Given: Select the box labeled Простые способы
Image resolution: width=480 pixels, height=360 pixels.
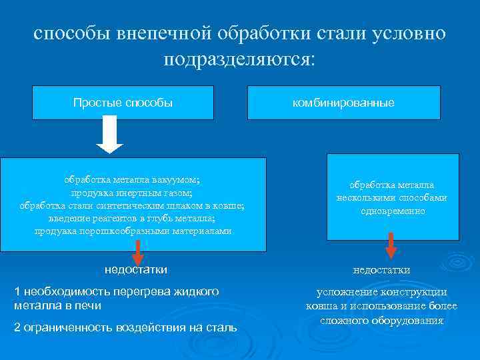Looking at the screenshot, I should [x=123, y=103].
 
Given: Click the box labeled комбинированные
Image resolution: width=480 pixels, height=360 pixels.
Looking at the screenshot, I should [x=343, y=103].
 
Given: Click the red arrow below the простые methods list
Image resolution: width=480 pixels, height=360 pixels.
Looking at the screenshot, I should [x=137, y=252].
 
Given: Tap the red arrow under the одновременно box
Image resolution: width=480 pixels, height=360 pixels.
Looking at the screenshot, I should [x=391, y=245].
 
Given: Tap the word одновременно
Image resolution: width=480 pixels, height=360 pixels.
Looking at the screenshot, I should [x=392, y=211].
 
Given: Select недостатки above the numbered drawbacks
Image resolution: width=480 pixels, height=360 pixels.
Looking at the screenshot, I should [x=136, y=269].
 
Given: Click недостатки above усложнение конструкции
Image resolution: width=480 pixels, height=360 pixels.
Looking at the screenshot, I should [x=381, y=270].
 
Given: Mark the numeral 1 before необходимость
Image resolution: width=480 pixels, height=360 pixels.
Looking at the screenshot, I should [x=17, y=292].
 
